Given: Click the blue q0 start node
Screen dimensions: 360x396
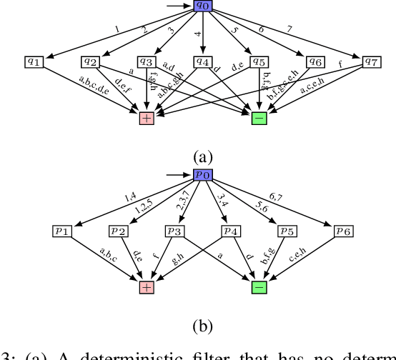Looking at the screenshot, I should tap(204, 7).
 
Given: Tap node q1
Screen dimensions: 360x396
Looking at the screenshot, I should tap(34, 62).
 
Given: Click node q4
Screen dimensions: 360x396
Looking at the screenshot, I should tap(203, 62).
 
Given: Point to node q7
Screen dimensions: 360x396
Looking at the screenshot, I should tap(372, 62).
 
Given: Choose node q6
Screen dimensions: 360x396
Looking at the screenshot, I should tap(315, 62).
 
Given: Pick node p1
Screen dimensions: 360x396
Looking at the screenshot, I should tap(62, 231).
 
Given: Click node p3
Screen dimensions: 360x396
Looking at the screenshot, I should tap(175, 231).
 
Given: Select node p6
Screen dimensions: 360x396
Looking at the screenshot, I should tap(344, 231).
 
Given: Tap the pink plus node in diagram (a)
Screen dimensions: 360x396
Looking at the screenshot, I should tap(147, 118).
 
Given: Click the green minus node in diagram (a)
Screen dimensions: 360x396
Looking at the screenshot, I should tap(259, 118).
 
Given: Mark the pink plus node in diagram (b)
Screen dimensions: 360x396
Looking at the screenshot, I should tap(147, 287).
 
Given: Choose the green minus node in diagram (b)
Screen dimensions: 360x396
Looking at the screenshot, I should tap(259, 287).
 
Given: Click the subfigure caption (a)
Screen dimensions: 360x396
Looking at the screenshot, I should tap(203, 155).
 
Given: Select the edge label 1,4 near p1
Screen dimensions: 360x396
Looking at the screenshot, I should tap(129, 196).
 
